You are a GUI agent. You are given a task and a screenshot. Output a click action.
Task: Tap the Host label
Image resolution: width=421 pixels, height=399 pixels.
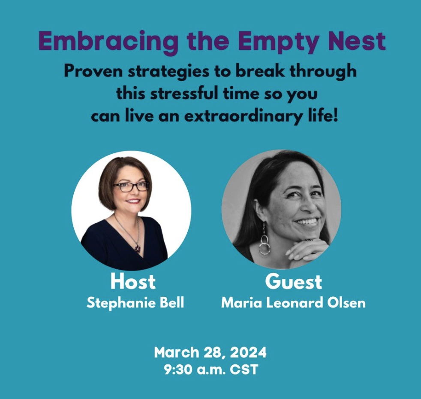133,282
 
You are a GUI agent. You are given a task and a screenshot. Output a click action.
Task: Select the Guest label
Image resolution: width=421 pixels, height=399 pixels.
293,282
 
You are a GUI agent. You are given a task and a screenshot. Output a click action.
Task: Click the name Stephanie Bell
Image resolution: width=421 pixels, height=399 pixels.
135,303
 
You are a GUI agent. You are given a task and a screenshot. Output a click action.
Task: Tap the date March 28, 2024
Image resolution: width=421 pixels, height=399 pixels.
210,353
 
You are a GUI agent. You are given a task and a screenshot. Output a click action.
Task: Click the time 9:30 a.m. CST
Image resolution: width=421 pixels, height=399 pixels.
210,369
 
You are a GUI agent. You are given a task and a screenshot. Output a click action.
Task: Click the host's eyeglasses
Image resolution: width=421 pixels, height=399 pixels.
131,186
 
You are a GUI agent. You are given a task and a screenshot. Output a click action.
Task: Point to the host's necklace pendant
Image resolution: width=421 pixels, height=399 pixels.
137,248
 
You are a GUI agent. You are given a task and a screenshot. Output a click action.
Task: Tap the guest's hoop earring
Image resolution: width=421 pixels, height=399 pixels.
265,245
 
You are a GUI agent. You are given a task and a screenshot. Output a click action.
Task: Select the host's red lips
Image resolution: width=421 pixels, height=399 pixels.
133,201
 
